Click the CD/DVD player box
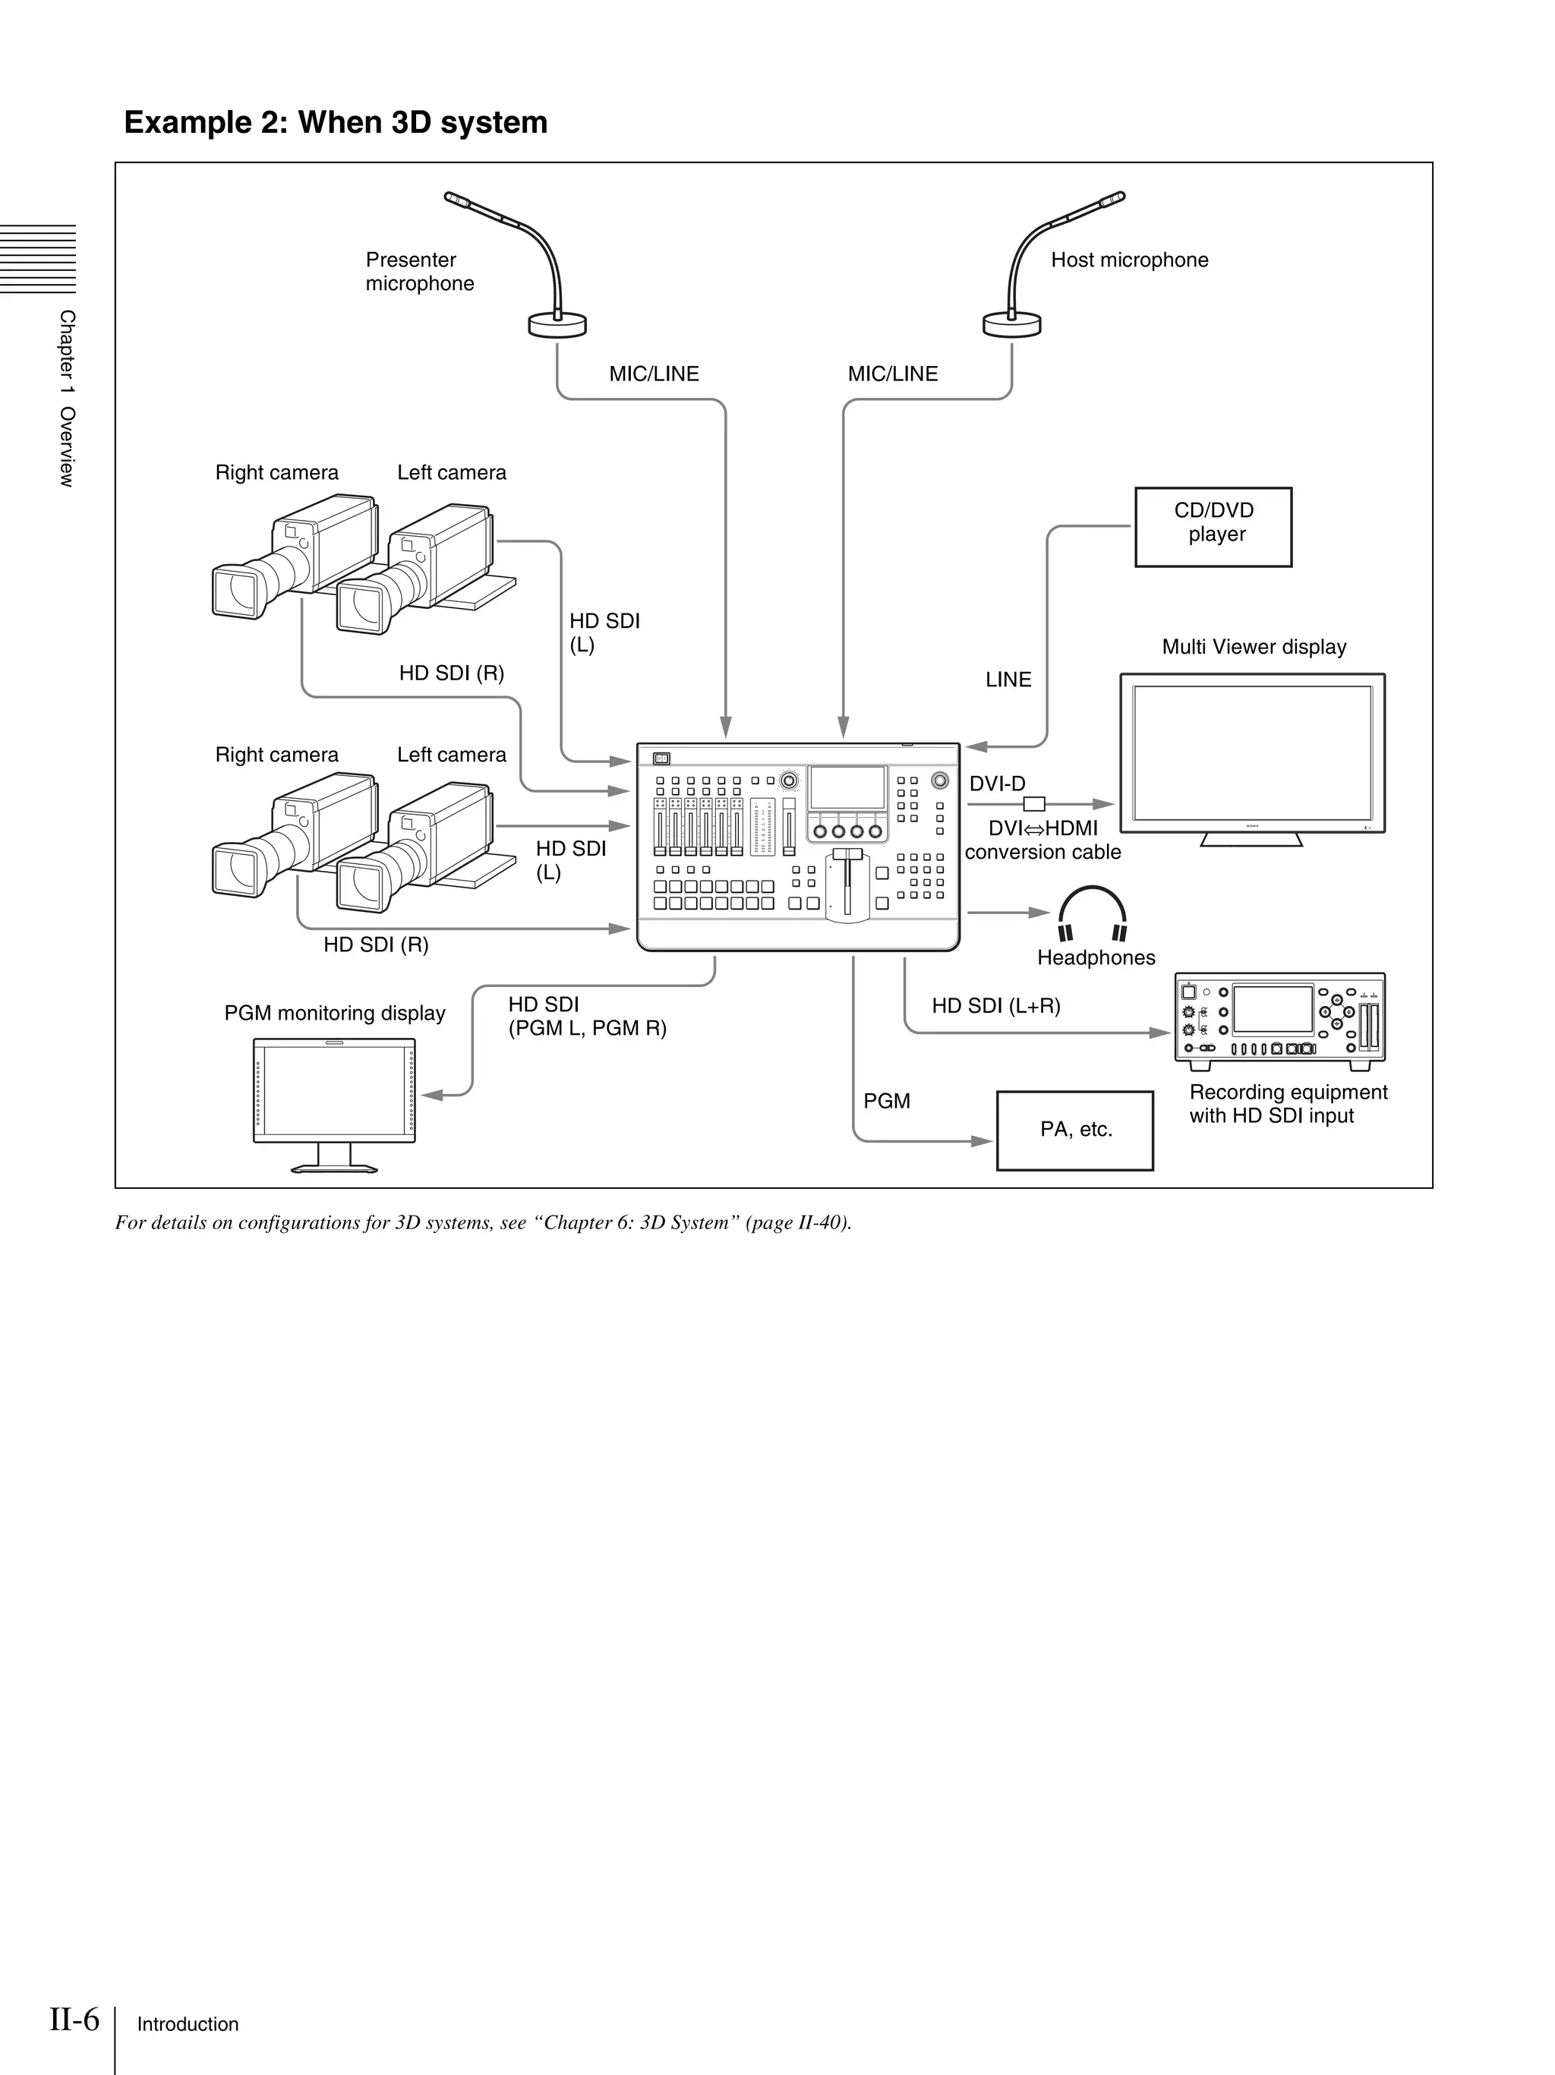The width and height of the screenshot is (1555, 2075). pos(1213,526)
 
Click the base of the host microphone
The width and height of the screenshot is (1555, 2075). pos(1011,324)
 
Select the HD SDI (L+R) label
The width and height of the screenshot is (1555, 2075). pos(995,1005)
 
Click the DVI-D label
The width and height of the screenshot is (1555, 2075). pos(996,784)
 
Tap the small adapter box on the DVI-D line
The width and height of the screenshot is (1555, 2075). pos(1033,804)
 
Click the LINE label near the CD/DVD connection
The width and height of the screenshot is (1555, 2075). pos(1008,680)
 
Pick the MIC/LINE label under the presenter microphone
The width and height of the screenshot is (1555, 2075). pos(654,374)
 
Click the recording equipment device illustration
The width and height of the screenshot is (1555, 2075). pos(1279,1020)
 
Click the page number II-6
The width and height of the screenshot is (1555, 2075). pos(74,2018)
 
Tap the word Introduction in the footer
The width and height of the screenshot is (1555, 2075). pos(188,2024)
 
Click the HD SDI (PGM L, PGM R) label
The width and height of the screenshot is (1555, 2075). pos(586,1016)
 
